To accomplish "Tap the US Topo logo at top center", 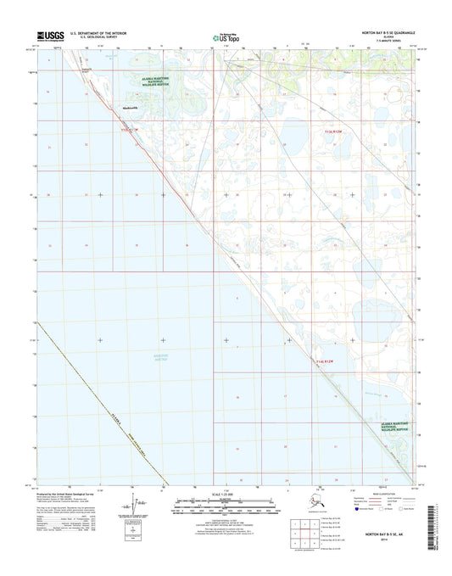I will point(226,37).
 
